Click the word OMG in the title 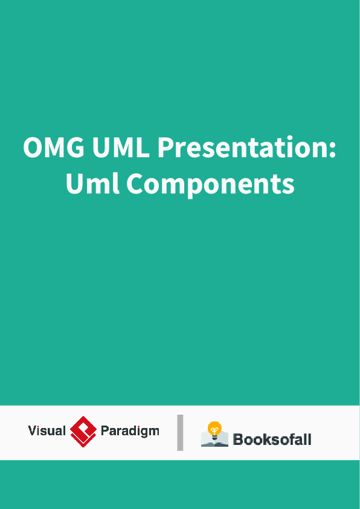[x=53, y=148]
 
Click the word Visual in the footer [x=47, y=431]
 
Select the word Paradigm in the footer [x=129, y=431]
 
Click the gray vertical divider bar [x=180, y=433]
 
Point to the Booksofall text [x=272, y=439]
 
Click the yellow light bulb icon [x=214, y=429]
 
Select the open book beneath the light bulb [x=214, y=441]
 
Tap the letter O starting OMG [x=34, y=148]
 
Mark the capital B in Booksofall [x=238, y=439]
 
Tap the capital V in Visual [x=32, y=431]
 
